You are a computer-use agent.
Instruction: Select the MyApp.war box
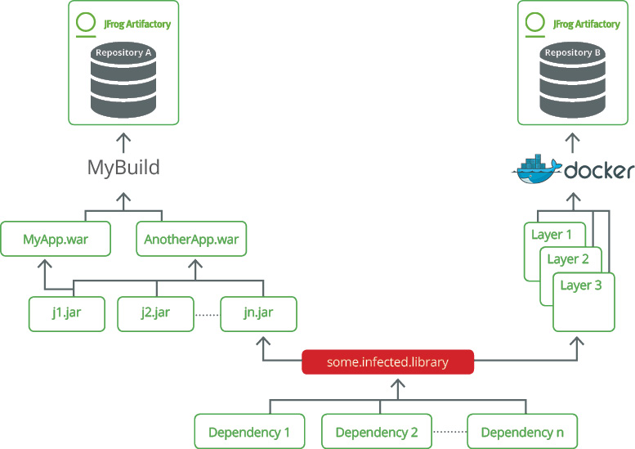tap(56, 240)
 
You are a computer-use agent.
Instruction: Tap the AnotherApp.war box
tap(191, 240)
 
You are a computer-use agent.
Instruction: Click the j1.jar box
tap(67, 313)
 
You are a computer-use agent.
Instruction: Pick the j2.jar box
tap(155, 313)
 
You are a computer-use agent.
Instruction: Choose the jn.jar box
tap(258, 313)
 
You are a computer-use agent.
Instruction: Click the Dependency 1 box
tap(249, 432)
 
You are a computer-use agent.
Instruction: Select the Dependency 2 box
tap(377, 432)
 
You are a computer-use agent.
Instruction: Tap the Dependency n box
tap(522, 432)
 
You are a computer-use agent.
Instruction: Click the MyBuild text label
tap(123, 168)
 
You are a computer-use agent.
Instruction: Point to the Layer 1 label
tap(552, 235)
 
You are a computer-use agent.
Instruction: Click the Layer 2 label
tap(568, 259)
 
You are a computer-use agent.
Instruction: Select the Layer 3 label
tap(581, 285)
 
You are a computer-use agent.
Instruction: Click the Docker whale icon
tap(535, 169)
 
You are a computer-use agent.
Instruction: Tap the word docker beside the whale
tap(600, 171)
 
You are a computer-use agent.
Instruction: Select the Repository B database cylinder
tap(573, 81)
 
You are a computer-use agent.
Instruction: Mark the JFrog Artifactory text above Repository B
tap(586, 25)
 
